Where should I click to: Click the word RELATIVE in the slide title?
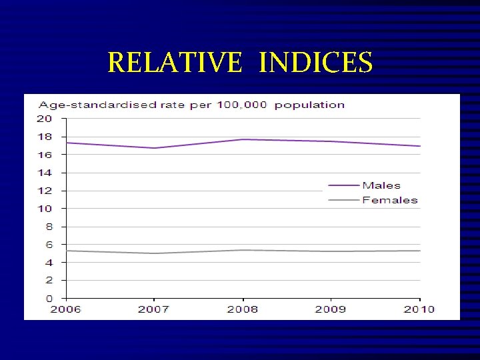(x=174, y=63)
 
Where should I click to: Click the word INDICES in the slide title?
(x=315, y=63)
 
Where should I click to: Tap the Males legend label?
(x=381, y=185)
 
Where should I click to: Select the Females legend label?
(x=390, y=200)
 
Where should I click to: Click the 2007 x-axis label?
(x=154, y=309)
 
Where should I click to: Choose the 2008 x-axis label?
(x=243, y=309)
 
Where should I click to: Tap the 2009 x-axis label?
(x=331, y=309)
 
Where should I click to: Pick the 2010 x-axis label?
(x=419, y=309)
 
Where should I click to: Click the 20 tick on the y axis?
(x=44, y=119)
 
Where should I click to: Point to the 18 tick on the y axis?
(x=44, y=137)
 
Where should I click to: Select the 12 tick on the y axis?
(x=44, y=191)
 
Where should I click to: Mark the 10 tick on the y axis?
(x=44, y=209)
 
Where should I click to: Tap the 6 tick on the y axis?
(x=47, y=245)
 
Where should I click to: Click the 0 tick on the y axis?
(x=47, y=298)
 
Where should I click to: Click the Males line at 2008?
(x=243, y=139)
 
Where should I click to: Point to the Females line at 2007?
(x=154, y=253)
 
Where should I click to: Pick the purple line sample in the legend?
(x=343, y=185)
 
